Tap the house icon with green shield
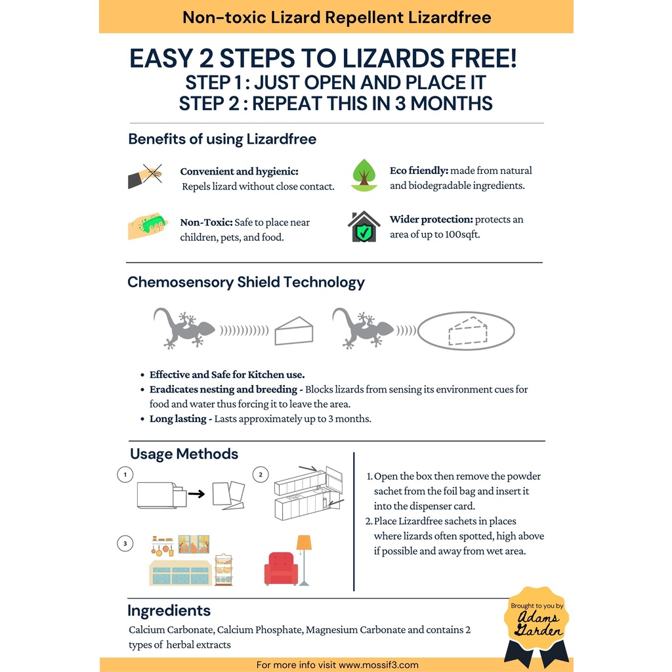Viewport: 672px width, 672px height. pos(364,227)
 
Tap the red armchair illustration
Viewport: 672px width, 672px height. pos(281,568)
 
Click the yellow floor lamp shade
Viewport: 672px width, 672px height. pos(304,543)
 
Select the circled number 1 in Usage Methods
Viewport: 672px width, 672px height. pos(124,474)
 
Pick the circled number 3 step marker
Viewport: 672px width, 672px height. pos(124,543)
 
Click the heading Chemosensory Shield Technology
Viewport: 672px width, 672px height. pos(245,282)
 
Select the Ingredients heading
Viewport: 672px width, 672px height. pos(169,610)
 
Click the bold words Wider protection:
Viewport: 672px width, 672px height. pos(430,219)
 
